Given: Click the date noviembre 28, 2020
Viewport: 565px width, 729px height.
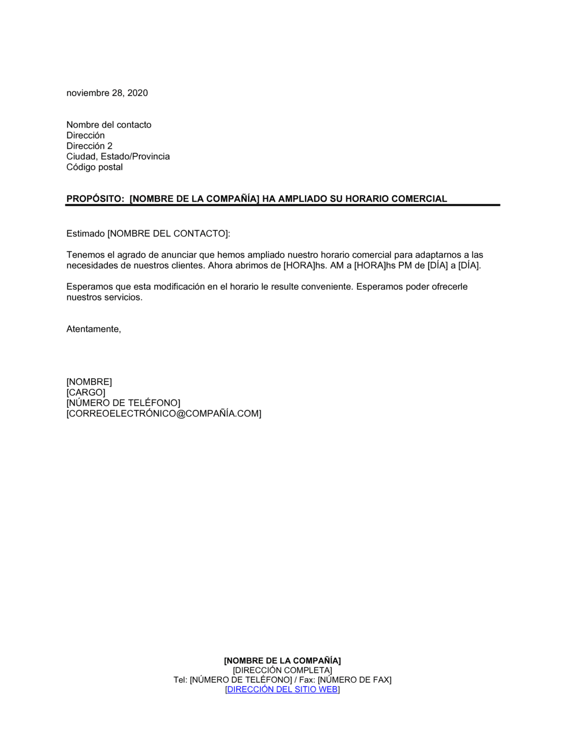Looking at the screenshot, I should pos(107,93).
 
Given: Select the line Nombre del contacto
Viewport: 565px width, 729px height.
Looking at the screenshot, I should pos(108,125).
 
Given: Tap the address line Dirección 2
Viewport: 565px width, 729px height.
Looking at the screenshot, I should pos(89,146).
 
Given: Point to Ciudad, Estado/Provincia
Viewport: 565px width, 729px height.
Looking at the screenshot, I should pos(118,157).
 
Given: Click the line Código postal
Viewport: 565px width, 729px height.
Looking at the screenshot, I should pos(94,167).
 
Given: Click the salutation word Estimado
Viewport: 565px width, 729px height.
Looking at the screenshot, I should pos(85,234).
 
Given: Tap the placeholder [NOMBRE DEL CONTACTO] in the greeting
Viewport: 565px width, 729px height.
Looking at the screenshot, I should pos(168,234).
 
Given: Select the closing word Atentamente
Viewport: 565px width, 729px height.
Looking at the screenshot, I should pos(93,329).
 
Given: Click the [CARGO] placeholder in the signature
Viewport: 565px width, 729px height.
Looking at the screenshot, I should pos(86,393).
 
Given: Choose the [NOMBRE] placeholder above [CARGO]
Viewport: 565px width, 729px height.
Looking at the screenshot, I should pos(89,383).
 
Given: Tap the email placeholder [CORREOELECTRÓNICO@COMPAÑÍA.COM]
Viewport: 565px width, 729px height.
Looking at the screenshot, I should pos(164,414).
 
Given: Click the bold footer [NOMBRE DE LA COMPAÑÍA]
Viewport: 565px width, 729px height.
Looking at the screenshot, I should pos(282,661).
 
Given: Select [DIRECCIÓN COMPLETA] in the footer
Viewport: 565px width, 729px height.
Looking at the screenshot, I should pos(282,670).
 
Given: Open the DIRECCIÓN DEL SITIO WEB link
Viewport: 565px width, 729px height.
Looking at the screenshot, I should pos(282,689).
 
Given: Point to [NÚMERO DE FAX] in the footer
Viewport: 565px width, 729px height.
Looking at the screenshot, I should pos(354,680).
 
